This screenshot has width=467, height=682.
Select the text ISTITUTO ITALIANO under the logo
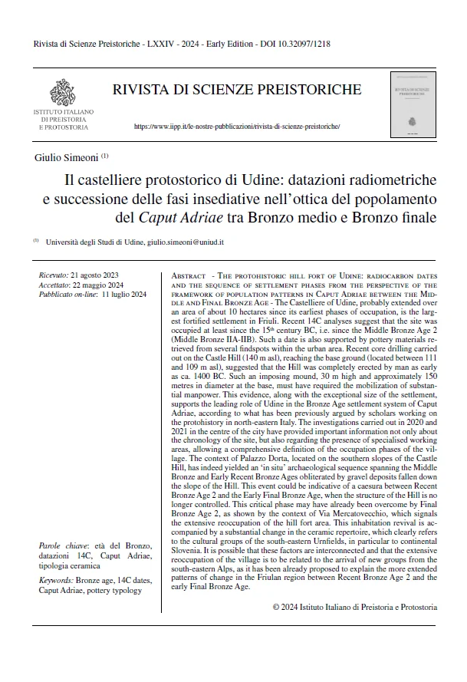63,113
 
